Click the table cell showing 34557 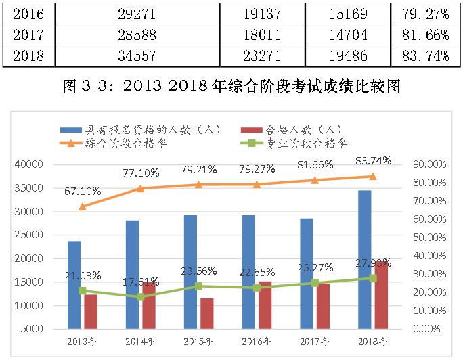pos(137,56)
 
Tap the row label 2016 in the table pos(28,12)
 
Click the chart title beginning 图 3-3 pos(231,86)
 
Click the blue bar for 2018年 pos(365,261)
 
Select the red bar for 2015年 pos(207,314)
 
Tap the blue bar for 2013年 pos(74,285)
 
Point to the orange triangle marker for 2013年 pos(82,206)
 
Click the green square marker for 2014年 pos(141,297)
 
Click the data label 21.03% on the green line pos(83,275)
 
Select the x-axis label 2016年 pos(258,342)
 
